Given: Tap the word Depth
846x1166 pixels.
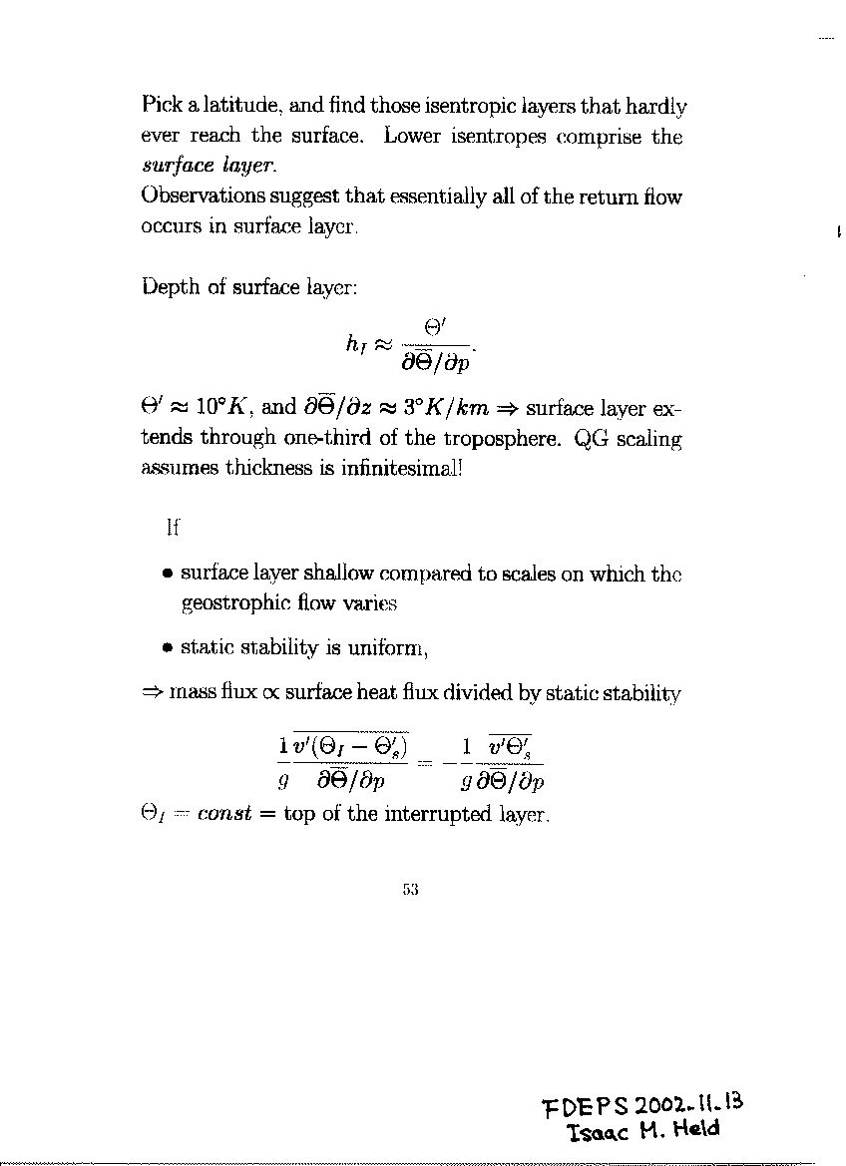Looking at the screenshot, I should click(x=171, y=288).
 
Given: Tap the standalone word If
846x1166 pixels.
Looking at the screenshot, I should click(x=171, y=529).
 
